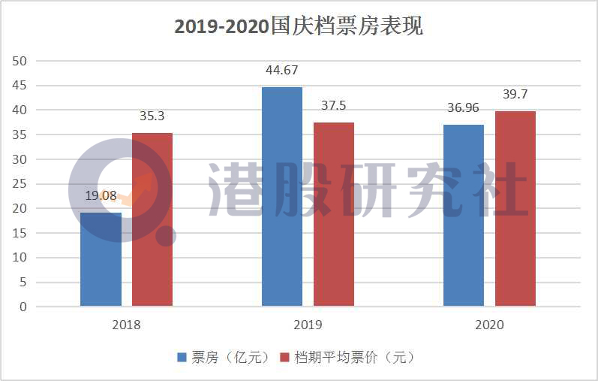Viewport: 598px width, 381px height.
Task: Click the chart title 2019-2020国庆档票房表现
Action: click(299, 26)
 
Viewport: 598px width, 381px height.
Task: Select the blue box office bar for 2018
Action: click(101, 259)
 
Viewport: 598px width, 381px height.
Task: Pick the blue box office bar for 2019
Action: click(282, 197)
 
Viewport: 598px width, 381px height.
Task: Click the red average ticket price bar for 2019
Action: click(334, 214)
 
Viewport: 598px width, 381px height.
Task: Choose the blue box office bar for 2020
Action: click(464, 216)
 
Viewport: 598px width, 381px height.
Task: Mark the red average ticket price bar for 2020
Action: click(515, 209)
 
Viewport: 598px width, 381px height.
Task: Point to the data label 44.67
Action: click(282, 71)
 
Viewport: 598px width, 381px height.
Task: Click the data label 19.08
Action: click(101, 196)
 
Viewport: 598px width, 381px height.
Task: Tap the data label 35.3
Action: click(152, 116)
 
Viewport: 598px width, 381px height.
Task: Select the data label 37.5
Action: click(334, 106)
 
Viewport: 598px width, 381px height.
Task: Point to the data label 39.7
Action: click(516, 95)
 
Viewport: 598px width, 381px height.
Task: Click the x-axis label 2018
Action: click(126, 325)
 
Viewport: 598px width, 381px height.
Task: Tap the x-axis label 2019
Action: click(308, 325)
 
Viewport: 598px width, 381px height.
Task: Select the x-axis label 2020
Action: click(489, 325)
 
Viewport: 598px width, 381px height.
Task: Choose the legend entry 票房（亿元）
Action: click(223, 357)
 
